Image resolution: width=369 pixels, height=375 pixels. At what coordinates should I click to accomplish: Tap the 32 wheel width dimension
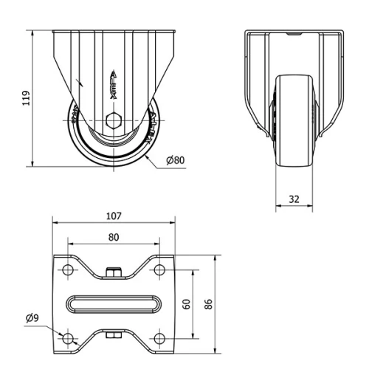pyautogui.click(x=294, y=199)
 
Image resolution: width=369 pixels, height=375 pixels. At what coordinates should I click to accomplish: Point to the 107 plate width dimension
pyautogui.click(x=113, y=217)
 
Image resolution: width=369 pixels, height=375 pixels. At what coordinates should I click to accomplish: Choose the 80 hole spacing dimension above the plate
pyautogui.click(x=113, y=237)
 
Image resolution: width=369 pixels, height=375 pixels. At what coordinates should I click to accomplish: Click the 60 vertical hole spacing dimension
pyautogui.click(x=187, y=303)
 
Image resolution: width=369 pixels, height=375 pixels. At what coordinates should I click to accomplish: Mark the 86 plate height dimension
pyautogui.click(x=208, y=303)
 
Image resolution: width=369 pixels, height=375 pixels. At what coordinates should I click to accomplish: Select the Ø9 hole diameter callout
pyautogui.click(x=32, y=318)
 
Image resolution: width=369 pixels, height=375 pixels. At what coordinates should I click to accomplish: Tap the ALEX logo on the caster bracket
pyautogui.click(x=112, y=85)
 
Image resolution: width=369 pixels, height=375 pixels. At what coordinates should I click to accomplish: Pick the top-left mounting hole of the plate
pyautogui.click(x=68, y=270)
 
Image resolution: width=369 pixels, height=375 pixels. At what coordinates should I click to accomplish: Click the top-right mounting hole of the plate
pyautogui.click(x=158, y=270)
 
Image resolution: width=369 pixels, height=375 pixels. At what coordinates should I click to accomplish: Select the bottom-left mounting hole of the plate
pyautogui.click(x=68, y=338)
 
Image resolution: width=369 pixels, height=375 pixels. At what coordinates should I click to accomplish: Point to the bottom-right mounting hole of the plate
pyautogui.click(x=158, y=338)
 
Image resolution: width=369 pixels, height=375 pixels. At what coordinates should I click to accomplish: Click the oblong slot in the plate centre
pyautogui.click(x=113, y=304)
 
